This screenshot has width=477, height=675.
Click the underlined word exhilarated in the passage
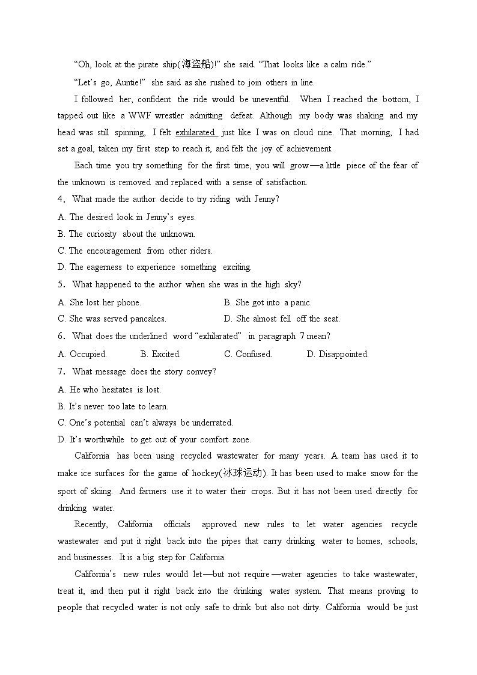click(x=195, y=132)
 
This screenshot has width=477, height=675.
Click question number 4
click(x=60, y=199)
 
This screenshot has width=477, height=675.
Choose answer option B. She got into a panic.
click(x=267, y=302)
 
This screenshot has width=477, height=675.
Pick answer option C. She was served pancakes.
click(x=112, y=319)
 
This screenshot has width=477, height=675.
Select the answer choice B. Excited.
click(x=160, y=354)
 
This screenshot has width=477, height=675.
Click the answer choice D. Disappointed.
click(x=338, y=354)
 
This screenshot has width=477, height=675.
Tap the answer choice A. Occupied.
click(x=82, y=354)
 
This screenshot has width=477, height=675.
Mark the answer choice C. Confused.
click(x=248, y=354)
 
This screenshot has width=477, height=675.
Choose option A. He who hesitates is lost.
click(x=109, y=389)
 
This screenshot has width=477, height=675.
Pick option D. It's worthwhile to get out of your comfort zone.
click(x=154, y=439)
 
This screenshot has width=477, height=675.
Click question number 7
click(x=60, y=371)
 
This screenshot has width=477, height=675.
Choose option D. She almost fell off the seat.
click(x=282, y=319)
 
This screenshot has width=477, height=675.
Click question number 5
click(x=60, y=284)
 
